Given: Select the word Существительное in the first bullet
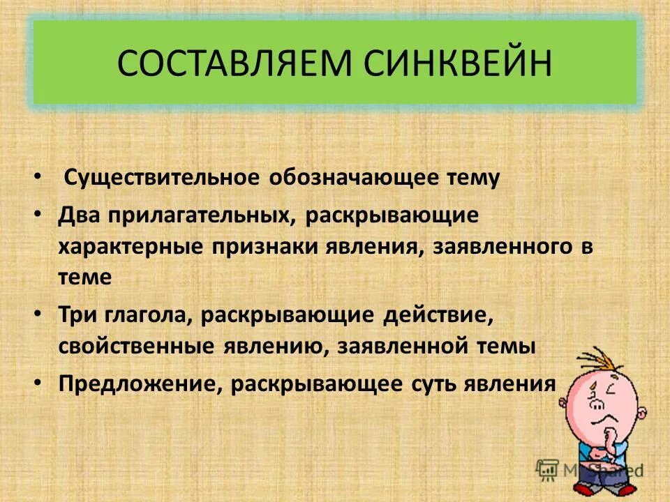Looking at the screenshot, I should coord(162,178).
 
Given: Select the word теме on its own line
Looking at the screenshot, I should coord(84,277).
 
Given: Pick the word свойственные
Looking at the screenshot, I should coord(137,347).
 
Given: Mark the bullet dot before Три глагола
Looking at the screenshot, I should coord(37,314).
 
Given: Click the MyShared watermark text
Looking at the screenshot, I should coord(600,469).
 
